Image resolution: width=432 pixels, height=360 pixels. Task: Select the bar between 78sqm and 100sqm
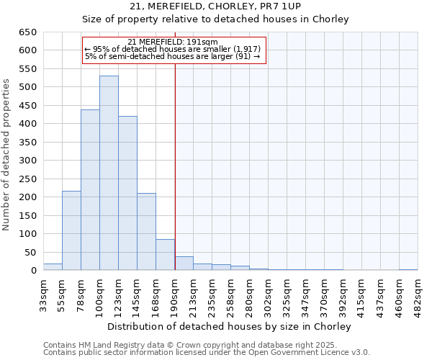90,190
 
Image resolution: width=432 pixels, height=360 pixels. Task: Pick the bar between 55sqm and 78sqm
71,230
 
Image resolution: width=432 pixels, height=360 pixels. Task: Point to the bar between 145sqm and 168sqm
146,232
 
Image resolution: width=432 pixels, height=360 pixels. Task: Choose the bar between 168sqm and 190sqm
165,255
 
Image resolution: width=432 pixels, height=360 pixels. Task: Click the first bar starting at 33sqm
53,267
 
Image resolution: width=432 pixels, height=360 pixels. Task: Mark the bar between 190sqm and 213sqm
184,264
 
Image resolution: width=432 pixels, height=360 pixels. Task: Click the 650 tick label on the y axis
28,32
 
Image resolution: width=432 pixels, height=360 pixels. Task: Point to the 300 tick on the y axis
28,161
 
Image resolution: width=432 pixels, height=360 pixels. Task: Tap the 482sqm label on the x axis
418,294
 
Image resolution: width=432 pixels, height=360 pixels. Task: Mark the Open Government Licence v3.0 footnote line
207,353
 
